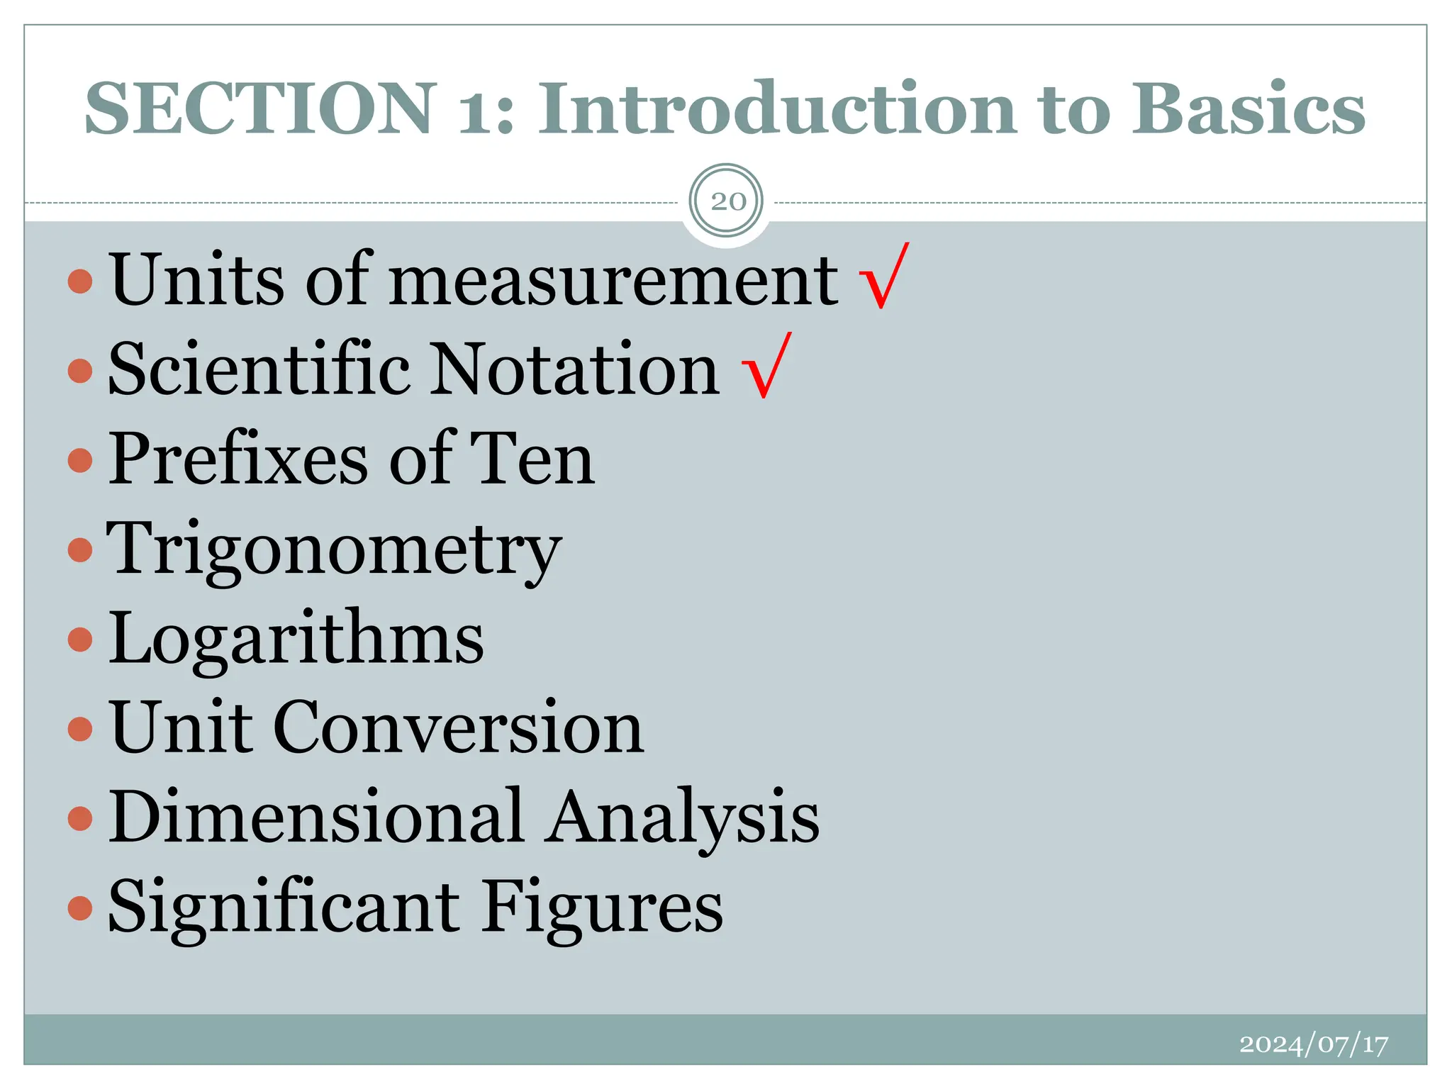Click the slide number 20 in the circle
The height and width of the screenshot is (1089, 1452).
pyautogui.click(x=727, y=201)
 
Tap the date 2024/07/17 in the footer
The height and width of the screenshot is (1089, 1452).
pyautogui.click(x=1313, y=1044)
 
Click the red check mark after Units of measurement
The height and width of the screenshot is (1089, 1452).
pyautogui.click(x=883, y=277)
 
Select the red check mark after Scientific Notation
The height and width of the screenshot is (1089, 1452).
pyautogui.click(x=766, y=366)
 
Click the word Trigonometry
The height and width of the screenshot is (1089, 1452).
pyautogui.click(x=334, y=550)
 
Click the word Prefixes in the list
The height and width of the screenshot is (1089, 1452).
pyautogui.click(x=238, y=459)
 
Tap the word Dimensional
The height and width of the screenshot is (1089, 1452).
pyautogui.click(x=316, y=817)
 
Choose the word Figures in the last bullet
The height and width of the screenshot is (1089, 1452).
pyautogui.click(x=603, y=907)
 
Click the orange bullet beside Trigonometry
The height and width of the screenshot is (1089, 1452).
pyautogui.click(x=80, y=549)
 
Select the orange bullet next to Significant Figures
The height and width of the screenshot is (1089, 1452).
pyautogui.click(x=80, y=907)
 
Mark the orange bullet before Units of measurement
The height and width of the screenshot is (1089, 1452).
pyautogui.click(x=80, y=281)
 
